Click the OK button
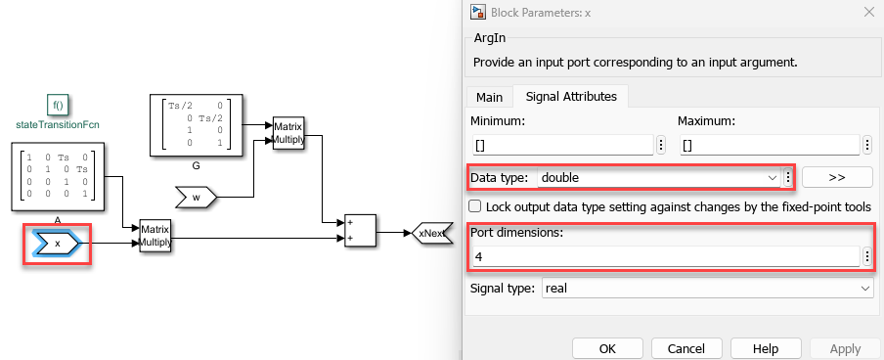click(x=607, y=348)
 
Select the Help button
click(x=766, y=348)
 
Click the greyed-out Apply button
click(x=845, y=348)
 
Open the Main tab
click(x=489, y=97)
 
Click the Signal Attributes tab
click(x=571, y=97)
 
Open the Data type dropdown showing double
click(x=658, y=178)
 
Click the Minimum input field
click(x=562, y=145)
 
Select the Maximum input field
click(x=770, y=145)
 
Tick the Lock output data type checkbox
click(x=475, y=206)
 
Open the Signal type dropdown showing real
click(x=708, y=289)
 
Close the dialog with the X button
click(x=866, y=12)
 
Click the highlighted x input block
click(x=58, y=244)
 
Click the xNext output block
click(x=432, y=233)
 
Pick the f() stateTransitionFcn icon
click(x=58, y=105)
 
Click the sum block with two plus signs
click(x=360, y=231)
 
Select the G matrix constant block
click(x=197, y=125)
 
